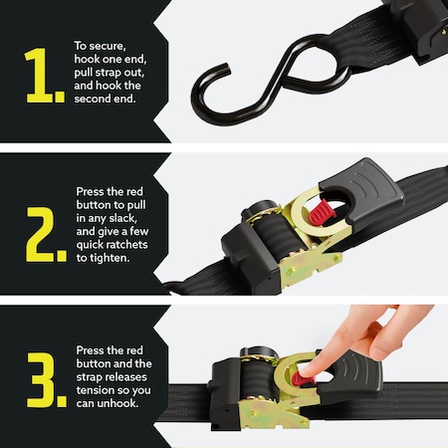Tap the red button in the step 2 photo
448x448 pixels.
click(322, 212)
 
